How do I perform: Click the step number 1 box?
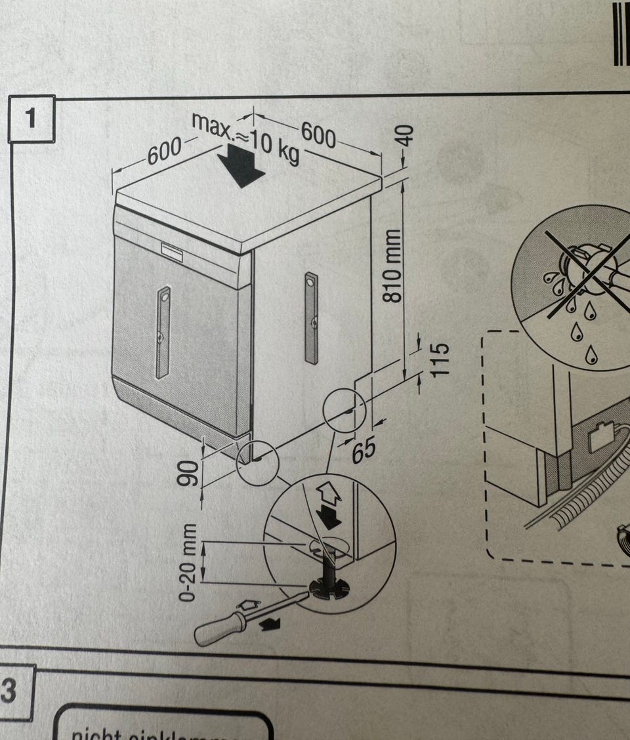31,119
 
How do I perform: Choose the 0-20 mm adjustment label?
189,563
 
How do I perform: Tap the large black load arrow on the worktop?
241,165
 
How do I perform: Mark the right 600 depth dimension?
318,135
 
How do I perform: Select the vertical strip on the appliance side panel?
311,317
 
